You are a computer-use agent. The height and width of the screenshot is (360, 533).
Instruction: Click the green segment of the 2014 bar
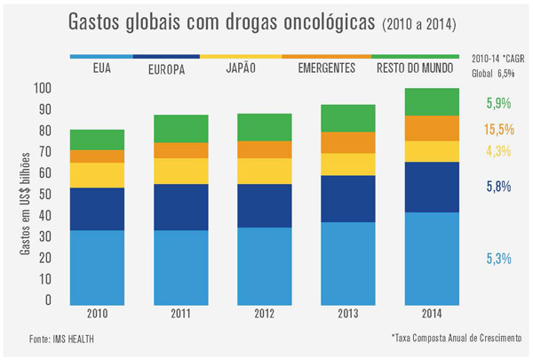pos(433,102)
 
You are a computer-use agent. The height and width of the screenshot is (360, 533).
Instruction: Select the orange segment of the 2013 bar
pos(347,142)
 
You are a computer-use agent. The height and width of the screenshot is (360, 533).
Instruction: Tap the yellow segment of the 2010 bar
pos(98,175)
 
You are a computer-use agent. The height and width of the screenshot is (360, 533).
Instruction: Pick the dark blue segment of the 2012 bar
pos(265,205)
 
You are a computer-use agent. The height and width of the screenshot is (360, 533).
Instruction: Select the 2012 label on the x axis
pos(265,314)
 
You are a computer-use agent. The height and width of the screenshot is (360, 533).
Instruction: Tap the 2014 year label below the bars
pos(433,314)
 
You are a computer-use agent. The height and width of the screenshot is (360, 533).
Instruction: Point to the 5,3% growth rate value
pos(497,259)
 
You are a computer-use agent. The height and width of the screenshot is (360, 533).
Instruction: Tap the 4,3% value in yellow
pos(497,151)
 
